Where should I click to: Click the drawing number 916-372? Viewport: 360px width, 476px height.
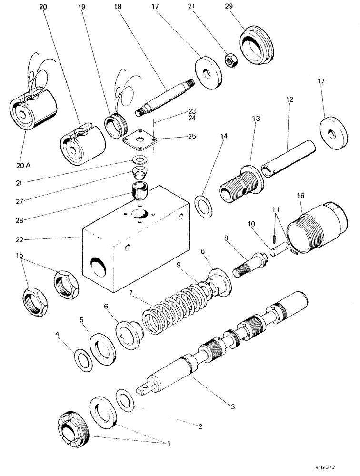click(330, 466)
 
